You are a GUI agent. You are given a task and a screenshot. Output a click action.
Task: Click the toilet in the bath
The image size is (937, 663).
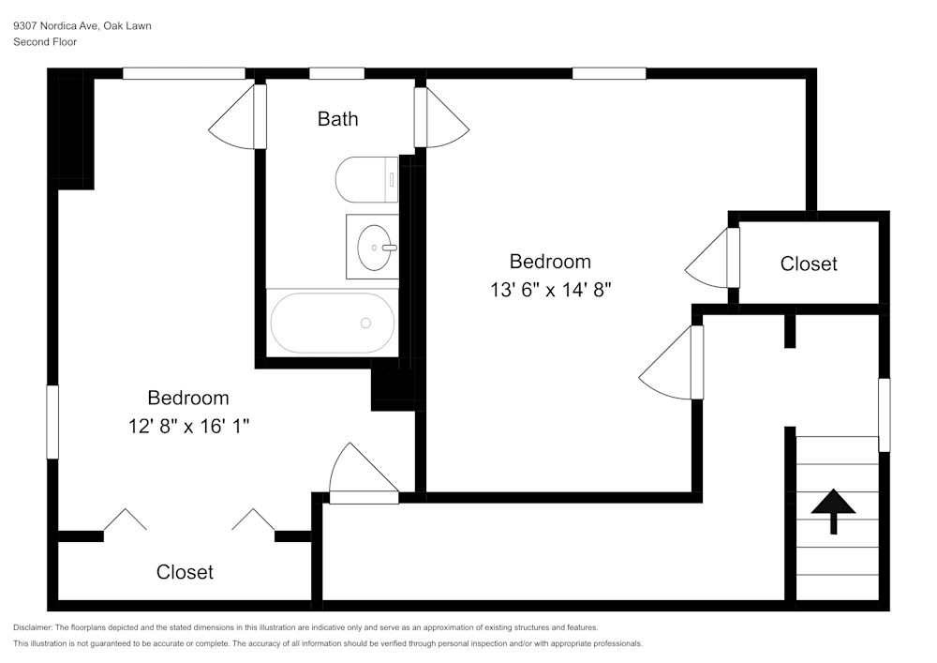coord(366,179)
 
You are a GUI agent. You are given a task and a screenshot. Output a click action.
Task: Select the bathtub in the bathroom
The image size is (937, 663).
coord(333,323)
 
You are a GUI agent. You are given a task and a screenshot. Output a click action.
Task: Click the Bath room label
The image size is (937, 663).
coord(337,119)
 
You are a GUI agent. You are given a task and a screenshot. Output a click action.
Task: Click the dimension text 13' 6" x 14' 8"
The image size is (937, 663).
coord(550,290)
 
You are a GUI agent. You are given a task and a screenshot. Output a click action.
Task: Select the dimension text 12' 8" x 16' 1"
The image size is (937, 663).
coord(188,426)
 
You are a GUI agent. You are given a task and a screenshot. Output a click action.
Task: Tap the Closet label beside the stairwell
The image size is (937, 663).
coord(809,264)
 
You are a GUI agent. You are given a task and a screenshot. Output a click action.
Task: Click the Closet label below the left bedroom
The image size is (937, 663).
coord(185,572)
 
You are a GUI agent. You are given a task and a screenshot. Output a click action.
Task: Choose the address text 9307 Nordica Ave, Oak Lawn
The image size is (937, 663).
coord(82,26)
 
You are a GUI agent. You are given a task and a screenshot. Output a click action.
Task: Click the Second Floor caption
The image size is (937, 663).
coord(45,42)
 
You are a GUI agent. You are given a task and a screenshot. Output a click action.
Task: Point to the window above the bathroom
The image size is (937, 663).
coord(336,73)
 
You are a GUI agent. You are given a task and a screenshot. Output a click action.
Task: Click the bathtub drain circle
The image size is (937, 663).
coord(365,323)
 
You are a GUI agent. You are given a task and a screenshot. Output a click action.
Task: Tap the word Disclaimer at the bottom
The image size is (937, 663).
coord(33,627)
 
